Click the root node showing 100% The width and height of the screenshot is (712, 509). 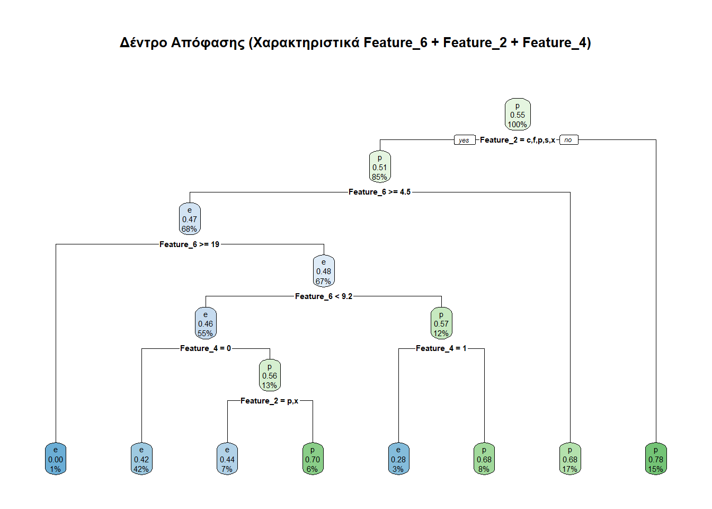tap(518, 115)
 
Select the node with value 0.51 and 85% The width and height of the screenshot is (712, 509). tap(380, 167)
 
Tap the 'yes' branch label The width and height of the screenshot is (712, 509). tap(464, 140)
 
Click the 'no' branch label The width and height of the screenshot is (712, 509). tap(568, 140)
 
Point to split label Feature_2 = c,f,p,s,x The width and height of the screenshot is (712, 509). tap(517, 140)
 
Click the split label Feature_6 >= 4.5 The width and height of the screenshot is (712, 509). tap(379, 192)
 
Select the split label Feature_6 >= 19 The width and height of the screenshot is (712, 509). tap(189, 244)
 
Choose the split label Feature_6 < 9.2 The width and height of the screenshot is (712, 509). tap(323, 296)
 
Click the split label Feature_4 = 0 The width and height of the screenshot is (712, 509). tap(206, 348)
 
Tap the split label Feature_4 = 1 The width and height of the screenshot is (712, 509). tap(441, 348)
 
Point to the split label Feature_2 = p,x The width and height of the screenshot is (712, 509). tap(269, 401)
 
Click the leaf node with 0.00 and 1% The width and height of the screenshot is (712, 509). tap(56, 459)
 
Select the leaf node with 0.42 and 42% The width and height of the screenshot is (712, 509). tap(141, 459)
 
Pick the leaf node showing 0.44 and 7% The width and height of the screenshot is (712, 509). tap(227, 459)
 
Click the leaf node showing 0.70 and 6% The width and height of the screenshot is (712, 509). tap(313, 459)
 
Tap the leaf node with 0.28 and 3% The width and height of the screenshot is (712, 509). tap(398, 459)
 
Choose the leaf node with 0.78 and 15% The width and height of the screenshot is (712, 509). tap(656, 459)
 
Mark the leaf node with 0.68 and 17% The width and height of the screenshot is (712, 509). tap(570, 459)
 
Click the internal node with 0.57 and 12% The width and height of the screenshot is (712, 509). tap(441, 323)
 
